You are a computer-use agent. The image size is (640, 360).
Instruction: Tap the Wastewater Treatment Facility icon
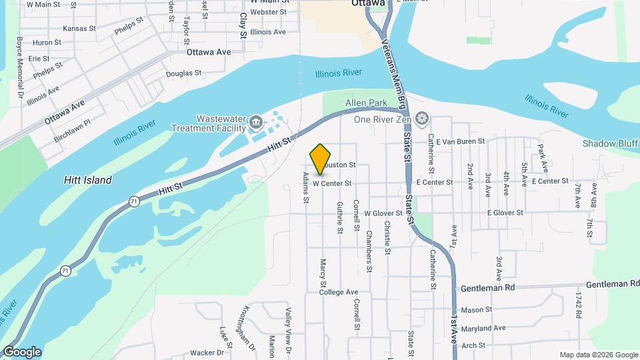click(256, 122)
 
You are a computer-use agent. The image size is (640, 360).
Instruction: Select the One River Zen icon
click(421, 119)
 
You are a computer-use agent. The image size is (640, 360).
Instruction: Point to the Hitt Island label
click(87, 180)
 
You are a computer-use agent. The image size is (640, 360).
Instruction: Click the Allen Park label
click(366, 103)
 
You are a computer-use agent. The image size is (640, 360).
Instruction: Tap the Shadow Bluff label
click(611, 143)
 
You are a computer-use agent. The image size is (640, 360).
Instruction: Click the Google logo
click(22, 352)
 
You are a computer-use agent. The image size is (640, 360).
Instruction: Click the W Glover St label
click(383, 213)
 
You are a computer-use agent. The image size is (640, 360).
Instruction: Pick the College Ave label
click(339, 292)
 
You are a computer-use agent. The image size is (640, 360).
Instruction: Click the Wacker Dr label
click(207, 352)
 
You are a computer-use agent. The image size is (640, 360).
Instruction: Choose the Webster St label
click(269, 12)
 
